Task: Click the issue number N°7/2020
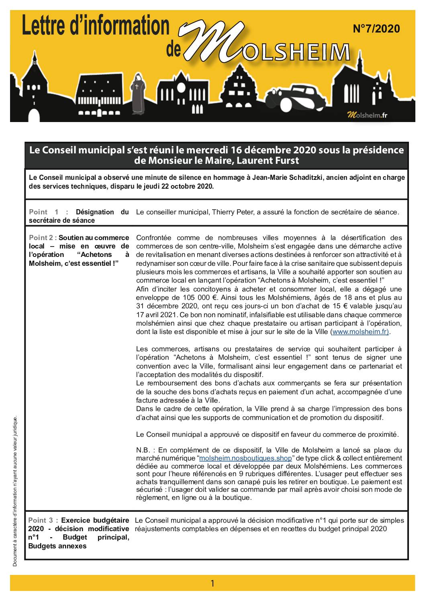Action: click(x=376, y=29)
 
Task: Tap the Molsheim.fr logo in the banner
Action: click(x=367, y=115)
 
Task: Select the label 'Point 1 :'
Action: click(x=48, y=212)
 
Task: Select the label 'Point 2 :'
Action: click(x=43, y=238)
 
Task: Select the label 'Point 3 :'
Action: click(x=43, y=520)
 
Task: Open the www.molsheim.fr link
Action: click(x=360, y=332)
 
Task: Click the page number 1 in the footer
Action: click(x=212, y=583)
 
